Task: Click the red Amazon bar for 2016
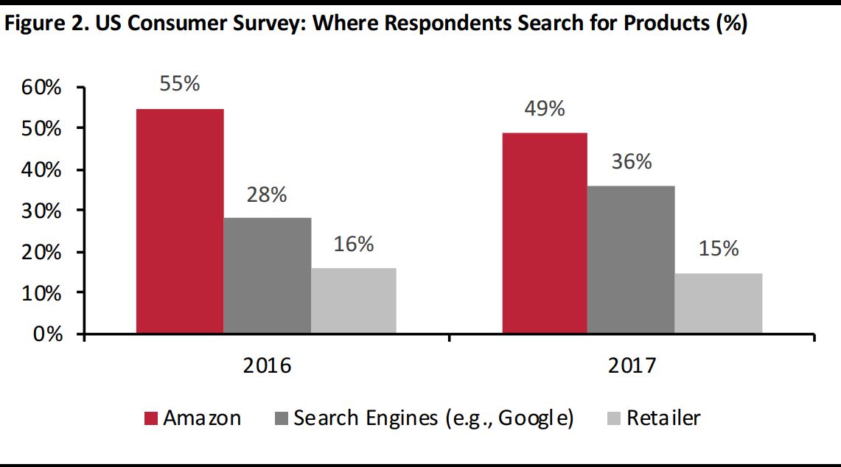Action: coord(180,221)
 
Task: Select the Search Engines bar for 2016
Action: coord(267,275)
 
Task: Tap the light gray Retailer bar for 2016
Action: coord(354,301)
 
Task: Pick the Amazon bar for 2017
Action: coord(545,233)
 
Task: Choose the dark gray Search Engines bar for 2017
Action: coord(631,260)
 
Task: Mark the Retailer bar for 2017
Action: coord(719,303)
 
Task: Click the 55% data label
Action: coord(180,84)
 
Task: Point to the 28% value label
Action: coord(267,195)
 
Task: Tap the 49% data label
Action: coord(545,109)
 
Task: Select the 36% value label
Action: coord(632,162)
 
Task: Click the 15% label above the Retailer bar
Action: coord(719,249)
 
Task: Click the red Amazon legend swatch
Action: coord(150,419)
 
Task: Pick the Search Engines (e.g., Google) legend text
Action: coord(433,418)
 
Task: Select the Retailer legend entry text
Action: coord(663,418)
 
